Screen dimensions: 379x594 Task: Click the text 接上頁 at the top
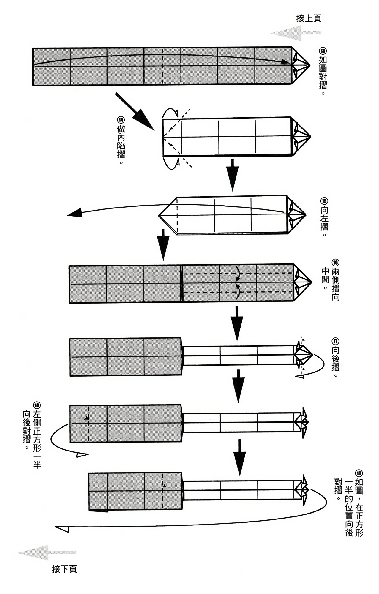(309, 18)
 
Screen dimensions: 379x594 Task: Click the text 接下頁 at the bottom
(64, 569)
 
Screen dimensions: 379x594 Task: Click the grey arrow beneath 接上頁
(296, 33)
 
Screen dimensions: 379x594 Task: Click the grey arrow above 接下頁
(48, 553)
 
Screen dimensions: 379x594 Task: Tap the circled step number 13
(323, 51)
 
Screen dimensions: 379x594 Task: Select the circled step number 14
(121, 120)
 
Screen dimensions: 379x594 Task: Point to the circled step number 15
(324, 201)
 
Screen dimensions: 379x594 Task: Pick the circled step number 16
(335, 263)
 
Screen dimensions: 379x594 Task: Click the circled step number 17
(335, 341)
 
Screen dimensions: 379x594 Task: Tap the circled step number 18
(37, 405)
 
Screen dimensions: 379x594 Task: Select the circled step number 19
(359, 473)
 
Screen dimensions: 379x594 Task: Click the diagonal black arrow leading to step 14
(135, 112)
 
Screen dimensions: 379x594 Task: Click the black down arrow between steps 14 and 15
(233, 175)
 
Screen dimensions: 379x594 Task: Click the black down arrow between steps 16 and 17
(237, 324)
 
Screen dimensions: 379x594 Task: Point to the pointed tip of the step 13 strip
(310, 65)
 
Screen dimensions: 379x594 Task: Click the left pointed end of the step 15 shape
(159, 216)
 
